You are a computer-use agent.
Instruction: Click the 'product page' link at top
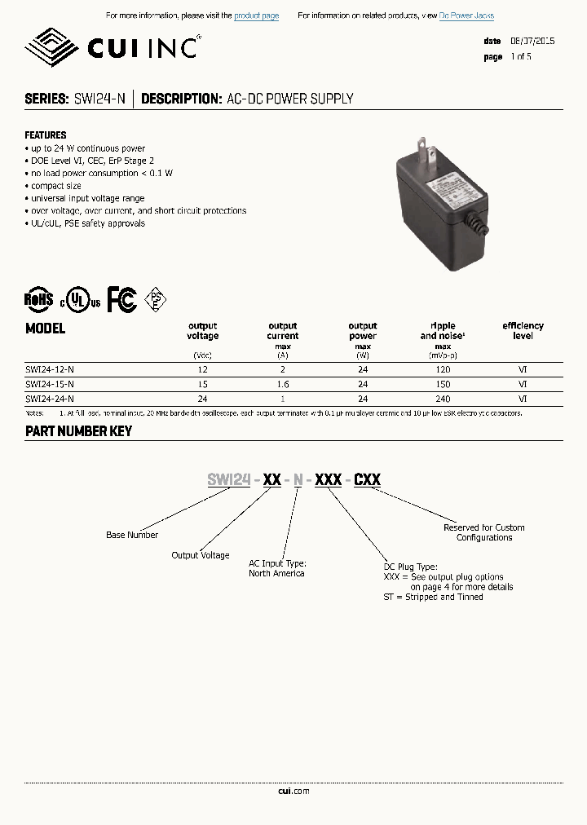click(x=256, y=16)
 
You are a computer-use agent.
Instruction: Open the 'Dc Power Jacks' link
click(x=466, y=16)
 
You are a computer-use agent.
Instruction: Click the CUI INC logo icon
click(x=51, y=48)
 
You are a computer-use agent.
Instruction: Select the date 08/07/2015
click(x=532, y=41)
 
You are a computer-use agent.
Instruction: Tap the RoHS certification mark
click(x=38, y=300)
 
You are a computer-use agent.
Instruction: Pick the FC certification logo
click(x=122, y=300)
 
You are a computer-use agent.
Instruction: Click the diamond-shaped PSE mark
click(x=156, y=300)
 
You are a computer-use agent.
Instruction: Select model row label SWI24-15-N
click(x=50, y=383)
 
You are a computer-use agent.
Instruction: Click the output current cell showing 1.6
click(x=283, y=383)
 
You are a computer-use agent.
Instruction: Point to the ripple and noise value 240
click(x=443, y=399)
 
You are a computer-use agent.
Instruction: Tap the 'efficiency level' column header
click(x=523, y=330)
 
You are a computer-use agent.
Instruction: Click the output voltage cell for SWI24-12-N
click(x=202, y=369)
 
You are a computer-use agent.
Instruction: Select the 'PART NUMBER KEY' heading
click(x=78, y=431)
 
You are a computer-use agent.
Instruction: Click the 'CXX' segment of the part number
click(x=367, y=480)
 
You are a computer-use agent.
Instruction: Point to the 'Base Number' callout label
click(x=132, y=535)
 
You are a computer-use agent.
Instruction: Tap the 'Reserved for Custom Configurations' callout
click(x=484, y=532)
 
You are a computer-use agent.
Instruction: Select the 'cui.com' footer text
click(x=293, y=791)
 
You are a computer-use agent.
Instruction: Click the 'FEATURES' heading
click(x=46, y=135)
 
